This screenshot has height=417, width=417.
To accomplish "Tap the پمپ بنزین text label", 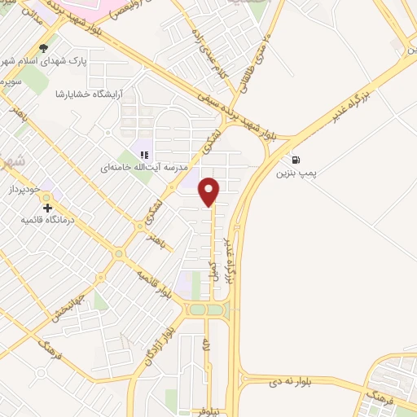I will tap(295, 173).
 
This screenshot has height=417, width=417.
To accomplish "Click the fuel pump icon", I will tap(294, 160).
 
